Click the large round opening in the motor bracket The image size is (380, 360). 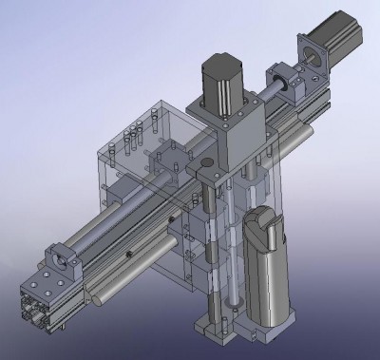[311, 58]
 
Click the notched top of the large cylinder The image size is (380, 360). [262, 224]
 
